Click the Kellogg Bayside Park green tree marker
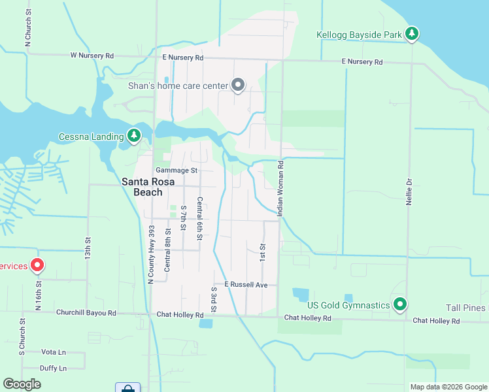point(411,33)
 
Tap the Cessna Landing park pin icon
point(134,135)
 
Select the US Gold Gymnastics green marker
point(401,304)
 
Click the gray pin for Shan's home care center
point(239,85)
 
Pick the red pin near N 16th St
point(37,265)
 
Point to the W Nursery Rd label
point(92,56)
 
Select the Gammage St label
point(176,171)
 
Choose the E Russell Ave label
point(246,285)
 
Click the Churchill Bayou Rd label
point(86,314)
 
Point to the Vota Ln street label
point(54,351)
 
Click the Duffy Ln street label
point(54,368)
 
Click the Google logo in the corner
point(22,384)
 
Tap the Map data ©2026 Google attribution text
point(448,387)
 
